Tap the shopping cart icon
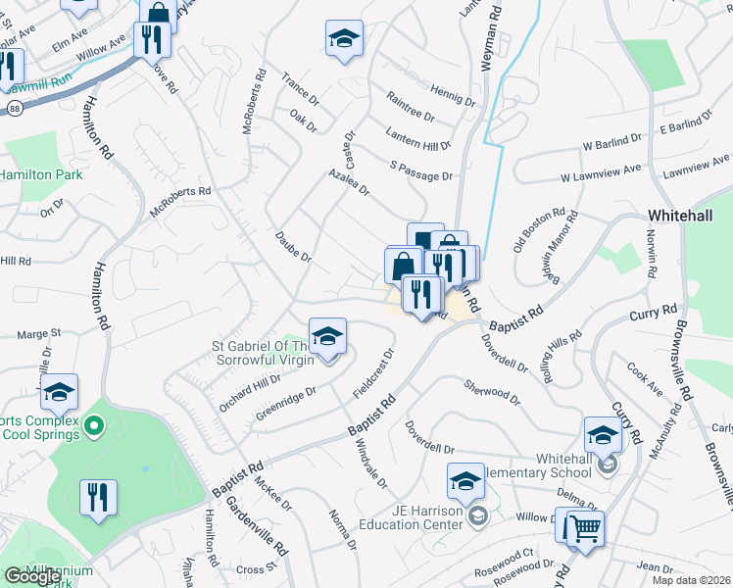pos(585,529)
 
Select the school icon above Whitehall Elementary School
pos(603,435)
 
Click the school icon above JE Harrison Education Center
pos(465,482)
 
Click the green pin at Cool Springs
pos(94,425)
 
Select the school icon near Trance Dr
pos(345,40)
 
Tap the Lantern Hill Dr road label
pos(418,139)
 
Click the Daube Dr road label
pos(293,245)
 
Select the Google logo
pos(33,576)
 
